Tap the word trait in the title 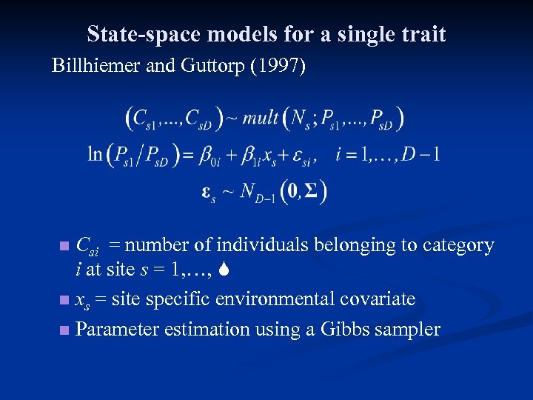pyautogui.click(x=423, y=35)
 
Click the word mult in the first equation pyautogui.click(x=261, y=117)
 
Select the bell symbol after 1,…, pyautogui.click(x=227, y=270)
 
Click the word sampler pyautogui.click(x=409, y=329)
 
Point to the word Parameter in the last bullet pyautogui.click(x=117, y=328)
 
